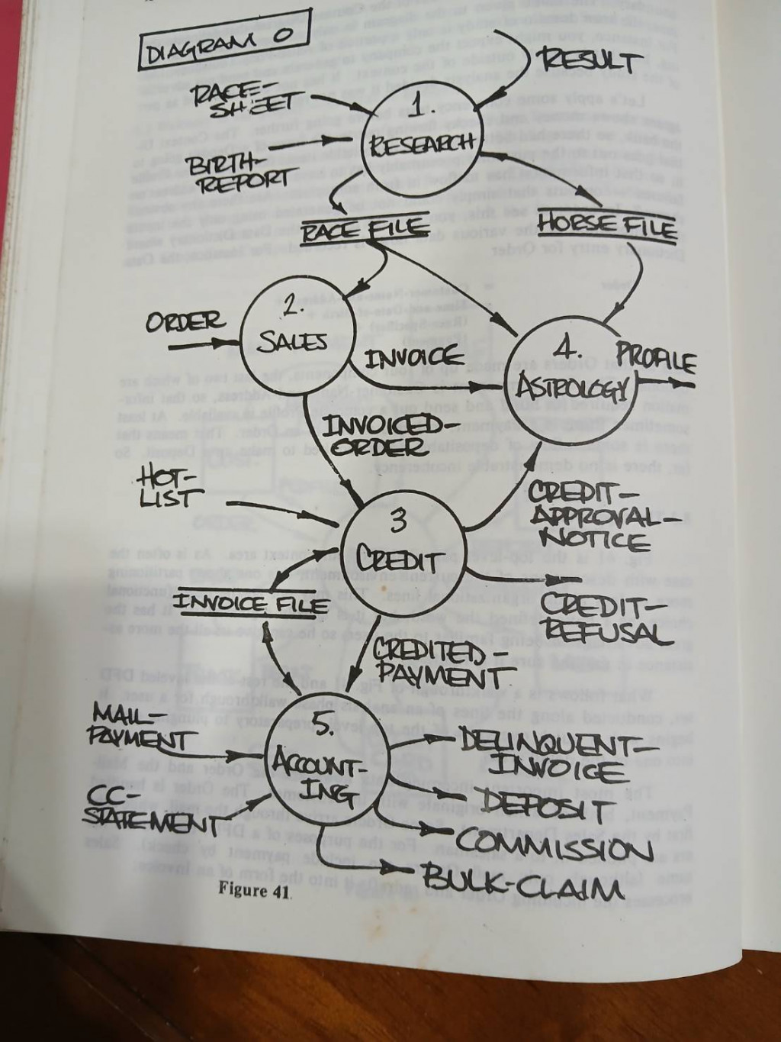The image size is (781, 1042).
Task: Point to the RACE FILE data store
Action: pos(363,227)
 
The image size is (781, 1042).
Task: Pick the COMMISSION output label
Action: pos(554,846)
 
